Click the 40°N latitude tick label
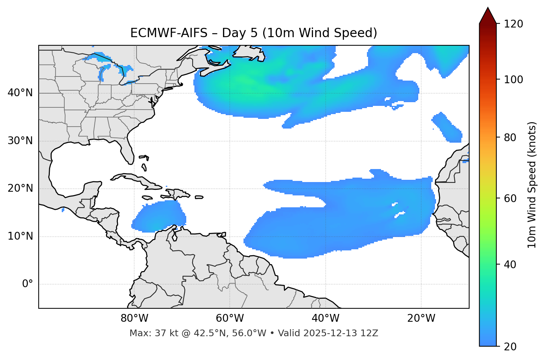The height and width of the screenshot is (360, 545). pos(20,93)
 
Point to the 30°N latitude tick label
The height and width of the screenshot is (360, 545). pos(20,141)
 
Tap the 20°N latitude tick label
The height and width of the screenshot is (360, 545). pos(20,188)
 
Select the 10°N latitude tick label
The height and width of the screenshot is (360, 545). pos(20,236)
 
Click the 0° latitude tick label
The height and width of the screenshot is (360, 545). pos(27,284)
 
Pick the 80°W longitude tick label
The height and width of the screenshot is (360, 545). pos(134,318)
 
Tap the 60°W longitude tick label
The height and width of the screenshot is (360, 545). pos(230,318)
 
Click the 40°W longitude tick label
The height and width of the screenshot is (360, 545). pos(325,318)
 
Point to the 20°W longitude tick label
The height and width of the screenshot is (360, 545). pos(421,318)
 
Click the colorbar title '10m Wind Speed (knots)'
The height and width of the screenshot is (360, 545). pos(532,185)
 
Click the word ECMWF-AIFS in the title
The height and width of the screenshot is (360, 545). pos(169,33)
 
